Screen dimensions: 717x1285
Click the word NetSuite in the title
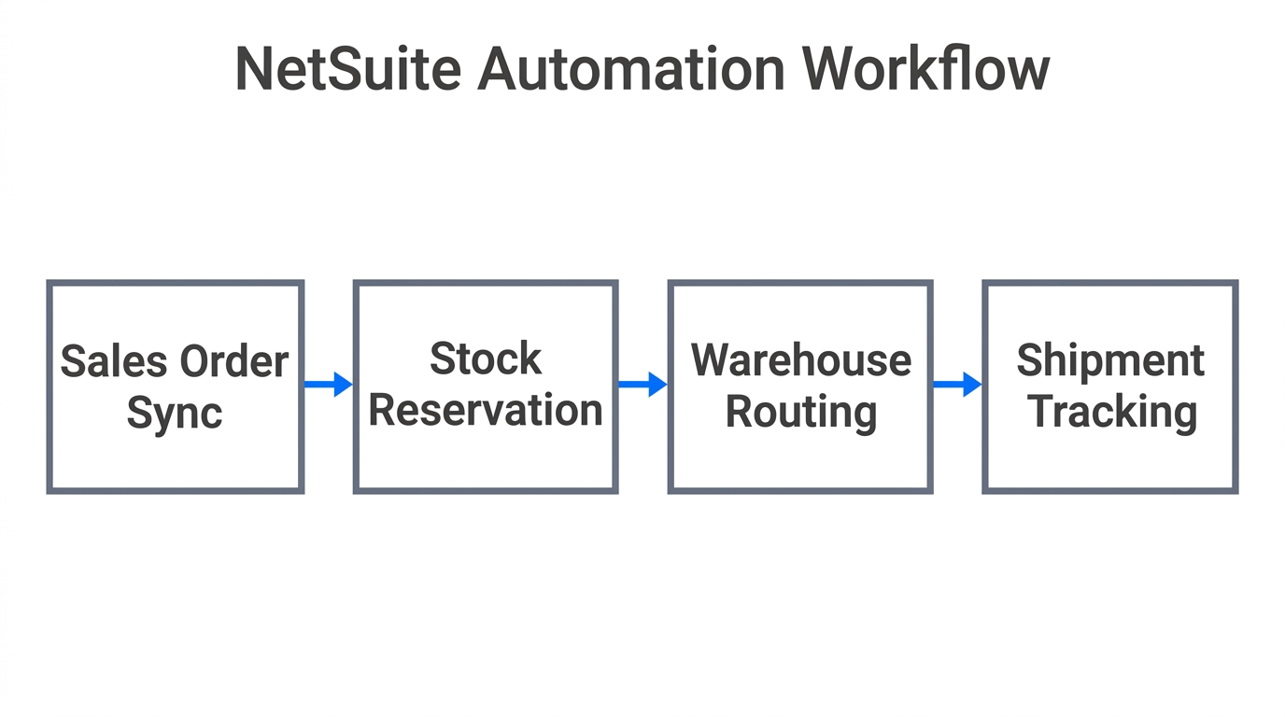(x=347, y=70)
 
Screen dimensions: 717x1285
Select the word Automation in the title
(x=631, y=70)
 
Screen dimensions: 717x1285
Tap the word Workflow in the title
(x=925, y=70)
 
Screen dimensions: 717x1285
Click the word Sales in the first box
(x=113, y=362)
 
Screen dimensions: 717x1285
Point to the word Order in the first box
(x=234, y=362)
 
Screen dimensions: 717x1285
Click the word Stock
(x=486, y=359)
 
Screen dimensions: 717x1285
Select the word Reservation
(x=486, y=411)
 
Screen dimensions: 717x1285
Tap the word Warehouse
(x=800, y=360)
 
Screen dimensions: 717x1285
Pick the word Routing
(x=800, y=413)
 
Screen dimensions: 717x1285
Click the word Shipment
(x=1110, y=360)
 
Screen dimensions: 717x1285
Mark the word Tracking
(x=1112, y=413)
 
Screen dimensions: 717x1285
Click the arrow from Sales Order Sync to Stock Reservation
(x=328, y=384)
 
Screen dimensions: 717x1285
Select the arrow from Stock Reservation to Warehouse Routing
(x=642, y=384)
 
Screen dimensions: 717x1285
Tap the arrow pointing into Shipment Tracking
(x=957, y=384)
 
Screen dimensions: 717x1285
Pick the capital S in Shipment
(x=1028, y=361)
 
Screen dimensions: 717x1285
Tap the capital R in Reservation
(x=382, y=411)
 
